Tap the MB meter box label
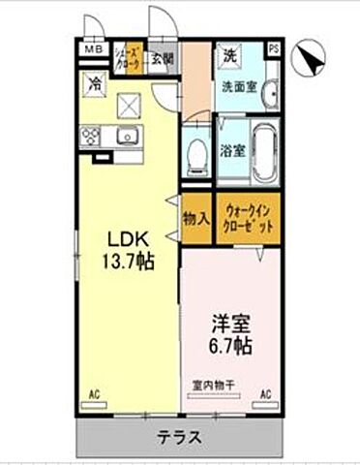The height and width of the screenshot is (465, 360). (x=92, y=50)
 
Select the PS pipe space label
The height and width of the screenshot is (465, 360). (x=274, y=49)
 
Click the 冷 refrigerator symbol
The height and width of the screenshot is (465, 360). (x=95, y=83)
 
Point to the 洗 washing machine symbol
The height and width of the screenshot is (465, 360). (x=230, y=55)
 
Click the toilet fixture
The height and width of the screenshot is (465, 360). (x=197, y=153)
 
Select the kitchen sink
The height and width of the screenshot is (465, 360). (x=128, y=137)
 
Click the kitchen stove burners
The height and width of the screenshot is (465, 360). (x=95, y=136)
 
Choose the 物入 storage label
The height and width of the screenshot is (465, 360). (x=195, y=218)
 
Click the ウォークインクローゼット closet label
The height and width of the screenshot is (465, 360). (x=249, y=218)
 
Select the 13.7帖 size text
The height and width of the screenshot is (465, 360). (x=126, y=262)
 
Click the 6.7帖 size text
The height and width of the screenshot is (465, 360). (x=230, y=346)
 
